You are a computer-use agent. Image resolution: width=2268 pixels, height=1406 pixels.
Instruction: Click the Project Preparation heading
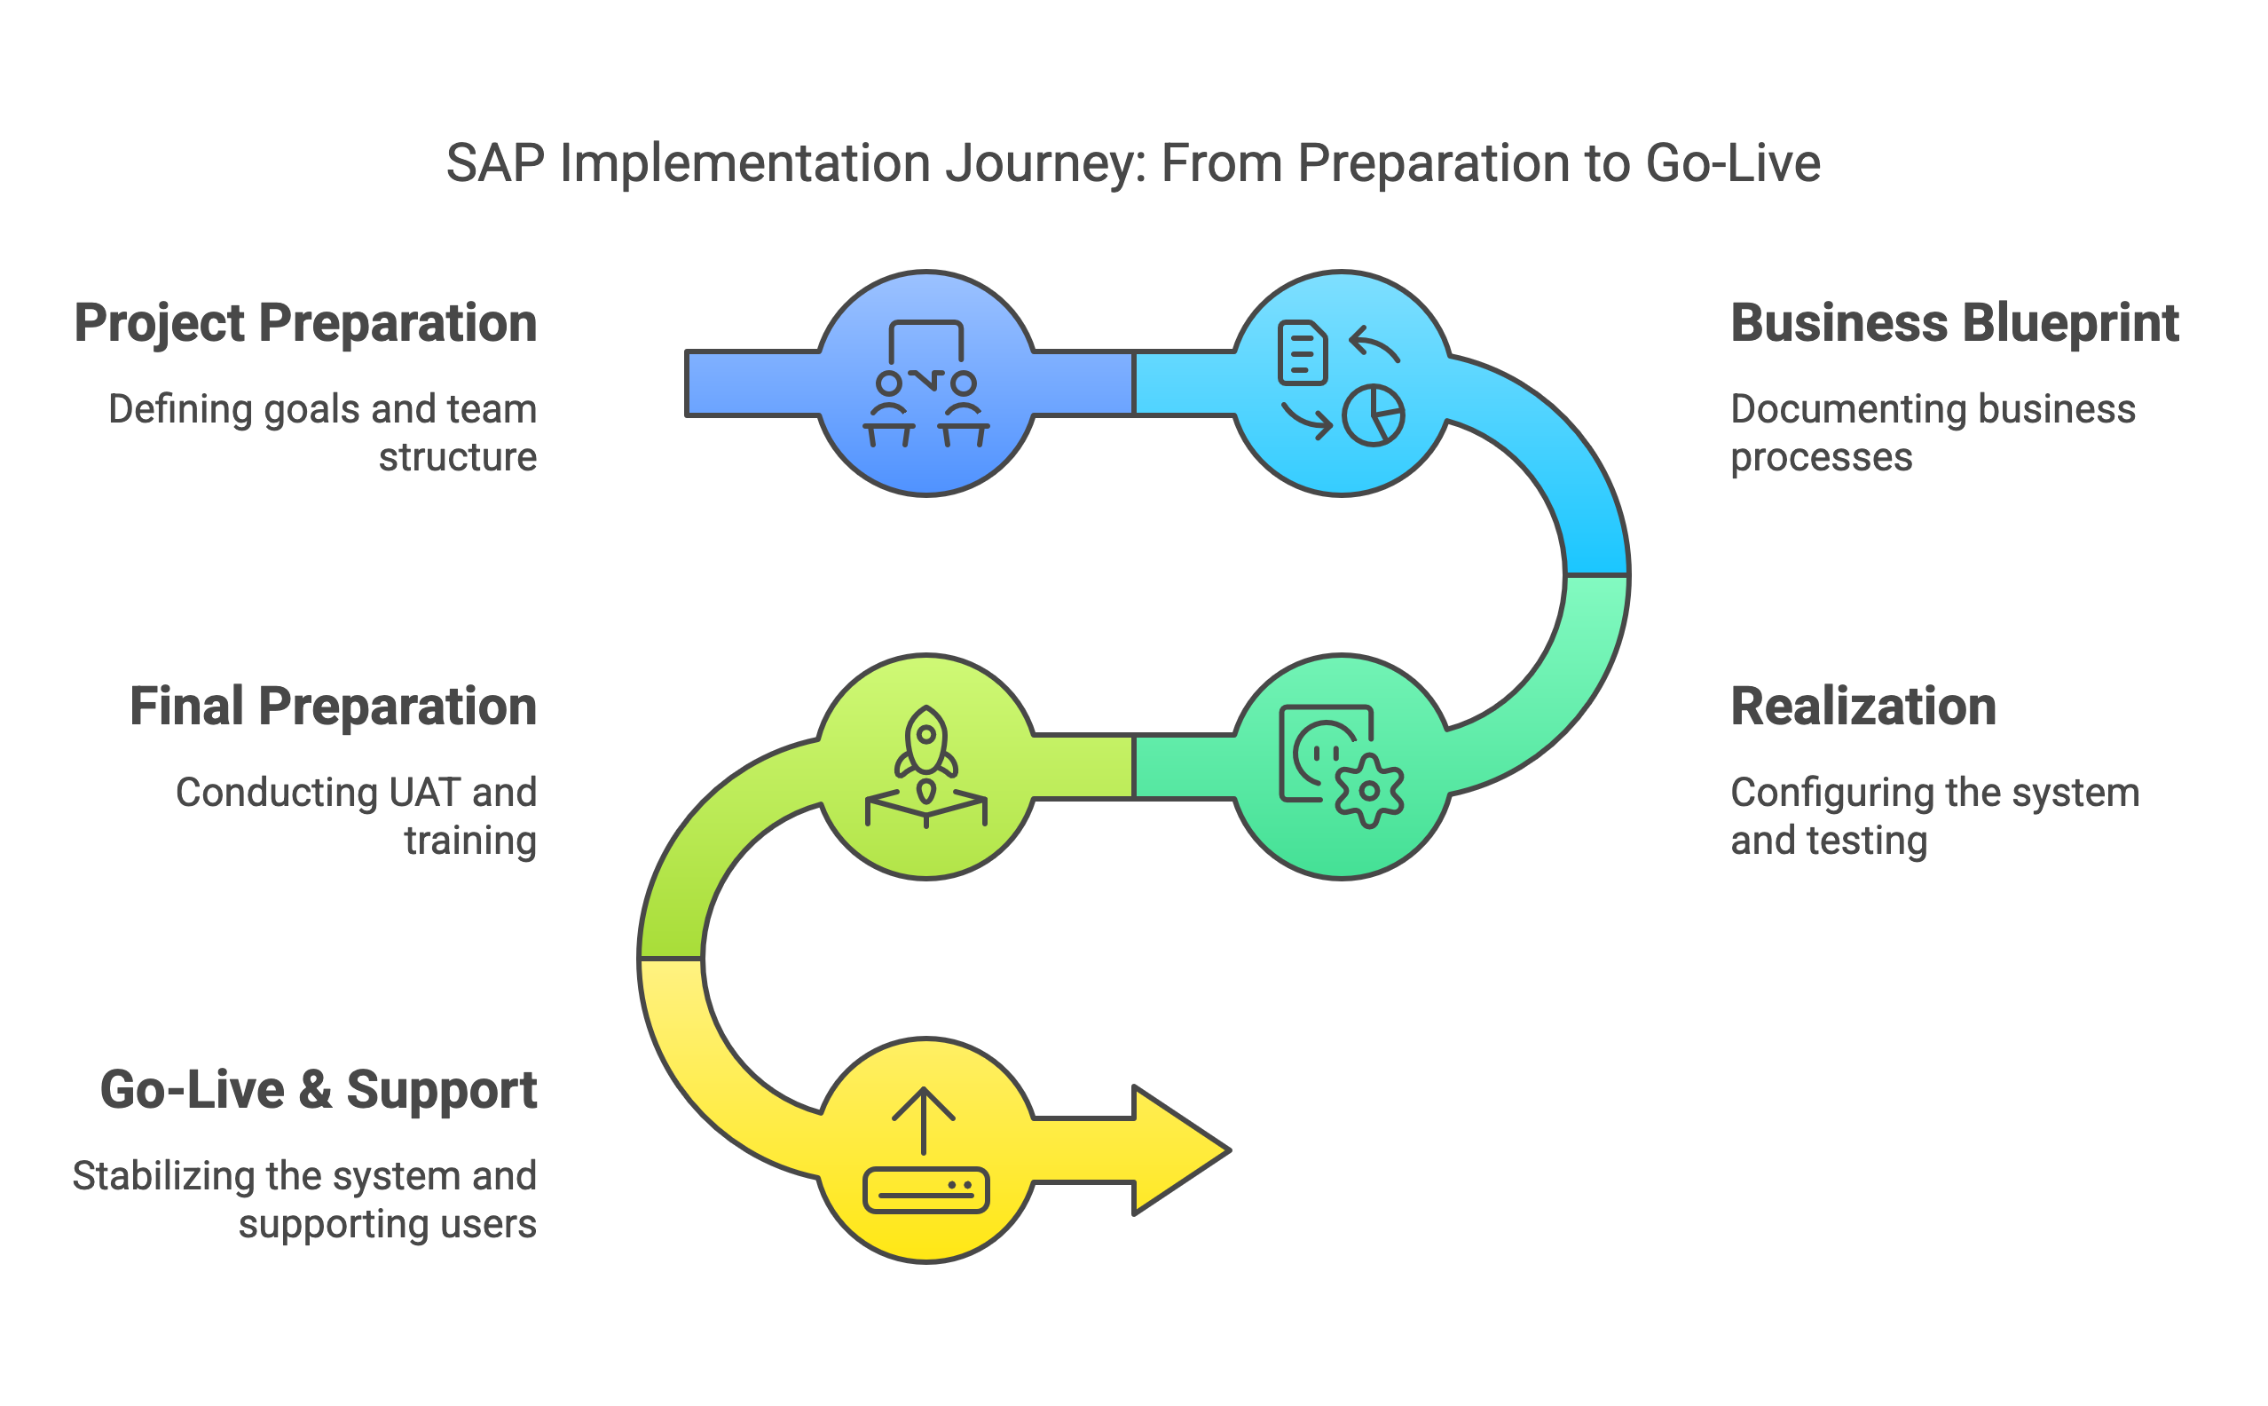306,324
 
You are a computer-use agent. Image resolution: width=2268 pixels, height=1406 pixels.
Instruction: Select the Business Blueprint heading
1954,324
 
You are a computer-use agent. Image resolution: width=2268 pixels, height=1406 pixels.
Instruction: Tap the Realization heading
1862,707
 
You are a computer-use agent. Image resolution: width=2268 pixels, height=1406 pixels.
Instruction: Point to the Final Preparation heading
333,707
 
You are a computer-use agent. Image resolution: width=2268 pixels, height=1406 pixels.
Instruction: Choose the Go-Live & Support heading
318,1090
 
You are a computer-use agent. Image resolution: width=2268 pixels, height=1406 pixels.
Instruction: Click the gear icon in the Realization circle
1369,790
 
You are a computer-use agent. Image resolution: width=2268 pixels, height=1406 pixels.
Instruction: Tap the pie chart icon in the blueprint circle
1373,415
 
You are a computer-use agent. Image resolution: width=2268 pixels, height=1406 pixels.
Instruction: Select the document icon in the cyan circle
1303,352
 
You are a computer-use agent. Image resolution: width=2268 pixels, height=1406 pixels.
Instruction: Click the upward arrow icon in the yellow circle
923,1118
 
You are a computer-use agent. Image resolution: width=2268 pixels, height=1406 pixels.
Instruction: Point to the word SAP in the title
494,163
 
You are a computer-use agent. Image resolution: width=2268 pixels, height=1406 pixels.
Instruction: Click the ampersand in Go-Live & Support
315,1090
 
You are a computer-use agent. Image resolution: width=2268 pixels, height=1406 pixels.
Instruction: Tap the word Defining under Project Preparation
178,410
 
